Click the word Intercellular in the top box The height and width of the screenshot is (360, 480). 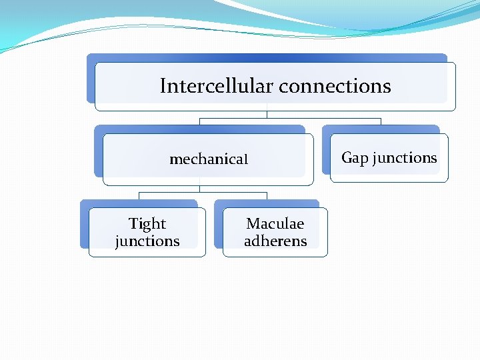(x=217, y=86)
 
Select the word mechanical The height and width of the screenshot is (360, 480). (x=209, y=159)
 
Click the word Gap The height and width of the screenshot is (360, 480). (x=355, y=158)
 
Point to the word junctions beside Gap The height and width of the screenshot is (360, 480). (x=405, y=158)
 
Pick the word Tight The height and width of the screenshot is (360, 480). (x=147, y=224)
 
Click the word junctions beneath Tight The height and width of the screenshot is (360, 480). (x=147, y=241)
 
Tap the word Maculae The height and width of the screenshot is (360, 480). (x=275, y=224)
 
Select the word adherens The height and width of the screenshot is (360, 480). (x=275, y=241)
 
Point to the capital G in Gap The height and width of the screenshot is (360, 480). (x=347, y=158)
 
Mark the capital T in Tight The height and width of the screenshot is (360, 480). (x=133, y=224)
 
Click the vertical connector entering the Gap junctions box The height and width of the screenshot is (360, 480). (x=381, y=122)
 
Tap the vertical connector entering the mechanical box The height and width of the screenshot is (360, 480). (x=200, y=122)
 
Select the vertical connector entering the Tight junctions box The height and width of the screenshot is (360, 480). (x=139, y=196)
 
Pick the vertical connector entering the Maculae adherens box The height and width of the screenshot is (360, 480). (x=267, y=196)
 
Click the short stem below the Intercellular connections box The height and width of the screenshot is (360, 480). (x=267, y=114)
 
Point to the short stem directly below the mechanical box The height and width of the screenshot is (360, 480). (x=200, y=189)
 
